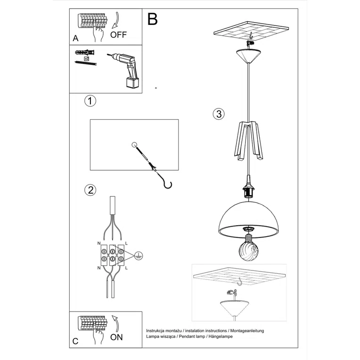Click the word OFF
point(118,35)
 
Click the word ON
point(116,337)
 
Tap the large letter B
point(153,19)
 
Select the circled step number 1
point(90,101)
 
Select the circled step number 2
point(90,190)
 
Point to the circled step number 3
point(219,114)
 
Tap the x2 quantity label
point(87,58)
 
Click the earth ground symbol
point(139,255)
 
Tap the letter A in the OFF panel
point(75,38)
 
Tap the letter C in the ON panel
point(75,341)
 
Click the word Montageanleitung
point(247,331)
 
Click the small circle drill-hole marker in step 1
point(134,145)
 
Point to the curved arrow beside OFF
point(116,20)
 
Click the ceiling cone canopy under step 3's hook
point(248,56)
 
